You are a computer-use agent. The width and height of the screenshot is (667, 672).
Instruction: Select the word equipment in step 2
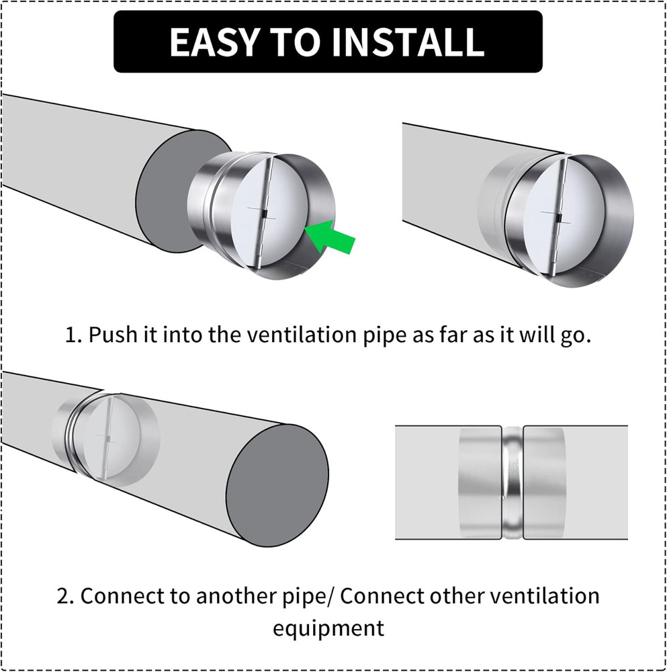pyautogui.click(x=328, y=629)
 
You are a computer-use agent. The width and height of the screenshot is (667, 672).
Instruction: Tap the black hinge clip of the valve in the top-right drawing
pyautogui.click(x=558, y=218)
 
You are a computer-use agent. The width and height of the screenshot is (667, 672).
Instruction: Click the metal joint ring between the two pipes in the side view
pyautogui.click(x=513, y=482)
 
